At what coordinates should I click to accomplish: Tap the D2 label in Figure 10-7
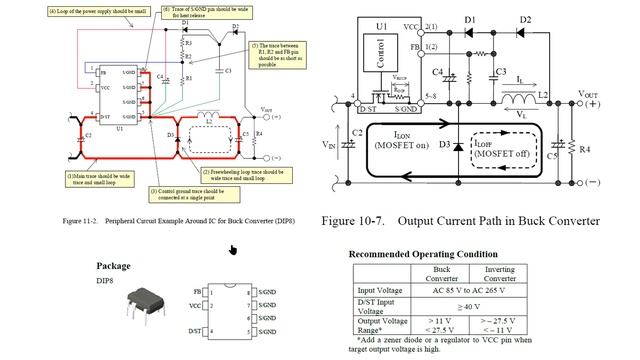click(526, 20)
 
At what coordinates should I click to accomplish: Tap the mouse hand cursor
click(233, 250)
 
